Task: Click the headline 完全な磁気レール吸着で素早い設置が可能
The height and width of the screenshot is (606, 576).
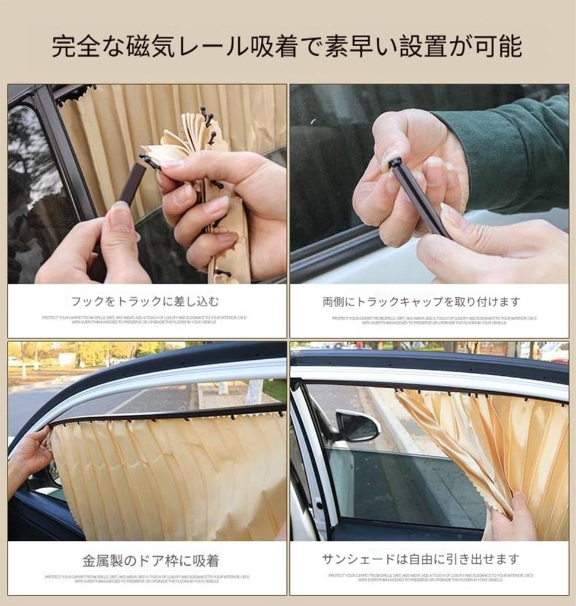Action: pyautogui.click(x=287, y=47)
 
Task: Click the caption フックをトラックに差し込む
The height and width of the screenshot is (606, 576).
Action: pyautogui.click(x=145, y=302)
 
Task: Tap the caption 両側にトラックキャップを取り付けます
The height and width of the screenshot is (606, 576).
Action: pyautogui.click(x=421, y=302)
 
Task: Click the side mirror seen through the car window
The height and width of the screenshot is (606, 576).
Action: pyautogui.click(x=357, y=426)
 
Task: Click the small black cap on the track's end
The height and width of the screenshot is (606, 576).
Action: pyautogui.click(x=395, y=162)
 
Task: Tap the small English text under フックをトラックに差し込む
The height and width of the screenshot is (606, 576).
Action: pyautogui.click(x=145, y=320)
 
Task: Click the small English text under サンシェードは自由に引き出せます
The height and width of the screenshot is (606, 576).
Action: pyautogui.click(x=430, y=578)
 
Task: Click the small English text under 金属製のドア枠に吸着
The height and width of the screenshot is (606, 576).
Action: pyautogui.click(x=147, y=578)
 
